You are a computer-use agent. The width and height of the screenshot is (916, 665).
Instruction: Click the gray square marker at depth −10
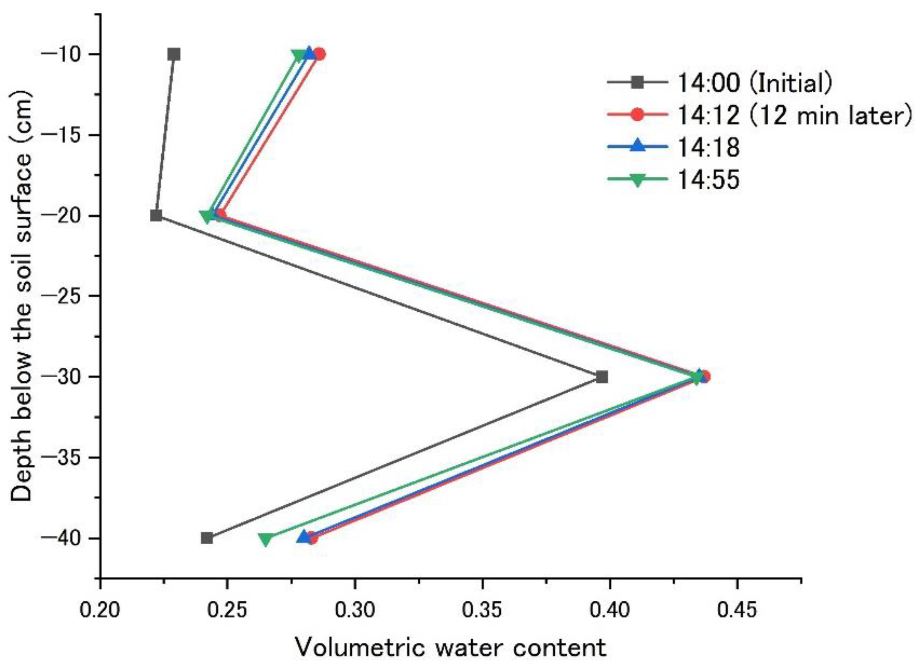(x=174, y=54)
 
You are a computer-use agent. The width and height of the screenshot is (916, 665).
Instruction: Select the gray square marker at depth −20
(x=156, y=216)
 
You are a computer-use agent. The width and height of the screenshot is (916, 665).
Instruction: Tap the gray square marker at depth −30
(x=602, y=377)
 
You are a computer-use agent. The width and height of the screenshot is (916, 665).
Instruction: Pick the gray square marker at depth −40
(x=207, y=538)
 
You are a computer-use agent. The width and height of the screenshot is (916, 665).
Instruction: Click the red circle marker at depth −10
(x=320, y=54)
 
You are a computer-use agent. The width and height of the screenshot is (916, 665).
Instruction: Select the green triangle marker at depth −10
(x=299, y=55)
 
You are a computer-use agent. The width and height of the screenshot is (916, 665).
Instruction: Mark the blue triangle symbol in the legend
(x=637, y=146)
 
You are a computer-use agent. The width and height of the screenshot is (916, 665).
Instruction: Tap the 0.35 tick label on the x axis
(x=482, y=610)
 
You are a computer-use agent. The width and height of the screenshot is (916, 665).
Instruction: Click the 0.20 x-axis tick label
(x=100, y=610)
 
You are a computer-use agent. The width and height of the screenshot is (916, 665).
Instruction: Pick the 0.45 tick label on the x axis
(x=737, y=610)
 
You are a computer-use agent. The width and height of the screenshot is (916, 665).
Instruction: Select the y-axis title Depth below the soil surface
(x=21, y=297)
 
